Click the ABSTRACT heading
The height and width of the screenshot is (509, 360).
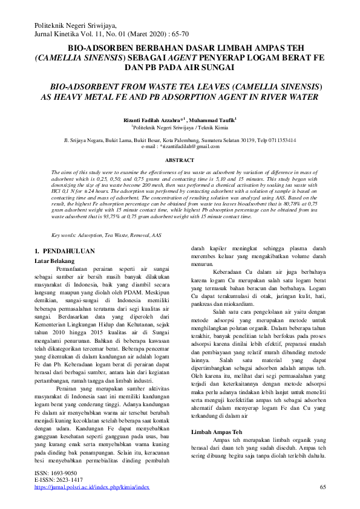pos(180,160)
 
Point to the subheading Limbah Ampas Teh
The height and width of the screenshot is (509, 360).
pos(217,433)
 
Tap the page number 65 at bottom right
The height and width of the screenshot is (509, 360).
pos(322,487)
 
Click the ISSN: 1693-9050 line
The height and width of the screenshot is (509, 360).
pos(56,473)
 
